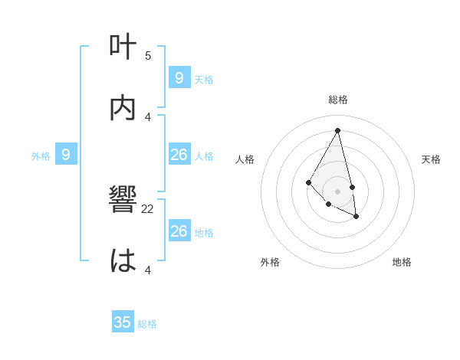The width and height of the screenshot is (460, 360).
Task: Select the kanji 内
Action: coord(123,108)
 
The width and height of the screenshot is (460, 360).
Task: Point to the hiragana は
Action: coord(123,261)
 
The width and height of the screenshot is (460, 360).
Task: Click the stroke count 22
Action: coord(148,209)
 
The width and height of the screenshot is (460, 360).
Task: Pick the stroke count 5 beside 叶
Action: coord(148,55)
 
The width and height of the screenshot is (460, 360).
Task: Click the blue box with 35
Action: coord(122,322)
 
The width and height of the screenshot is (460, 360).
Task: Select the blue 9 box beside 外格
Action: coord(66,155)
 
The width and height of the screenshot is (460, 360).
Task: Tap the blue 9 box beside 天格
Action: coord(179,77)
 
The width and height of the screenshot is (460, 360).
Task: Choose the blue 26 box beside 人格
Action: coord(179,155)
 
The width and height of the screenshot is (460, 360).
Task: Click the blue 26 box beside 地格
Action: coord(179,231)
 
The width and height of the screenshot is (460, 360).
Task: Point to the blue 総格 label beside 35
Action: coord(147,324)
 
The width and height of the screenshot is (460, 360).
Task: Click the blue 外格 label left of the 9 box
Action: coord(41,156)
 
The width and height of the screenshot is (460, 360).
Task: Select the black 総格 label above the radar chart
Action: coord(338,100)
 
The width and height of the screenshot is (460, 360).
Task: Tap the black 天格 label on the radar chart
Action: coord(432,159)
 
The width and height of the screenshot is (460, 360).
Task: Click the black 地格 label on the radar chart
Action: coord(402,262)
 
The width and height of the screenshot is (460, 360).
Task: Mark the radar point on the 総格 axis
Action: coord(338,130)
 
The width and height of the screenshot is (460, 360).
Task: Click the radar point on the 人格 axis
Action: coord(308,182)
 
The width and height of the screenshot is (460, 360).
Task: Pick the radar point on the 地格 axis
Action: coord(356,217)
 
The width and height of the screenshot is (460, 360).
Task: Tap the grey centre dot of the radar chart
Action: coord(338,191)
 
